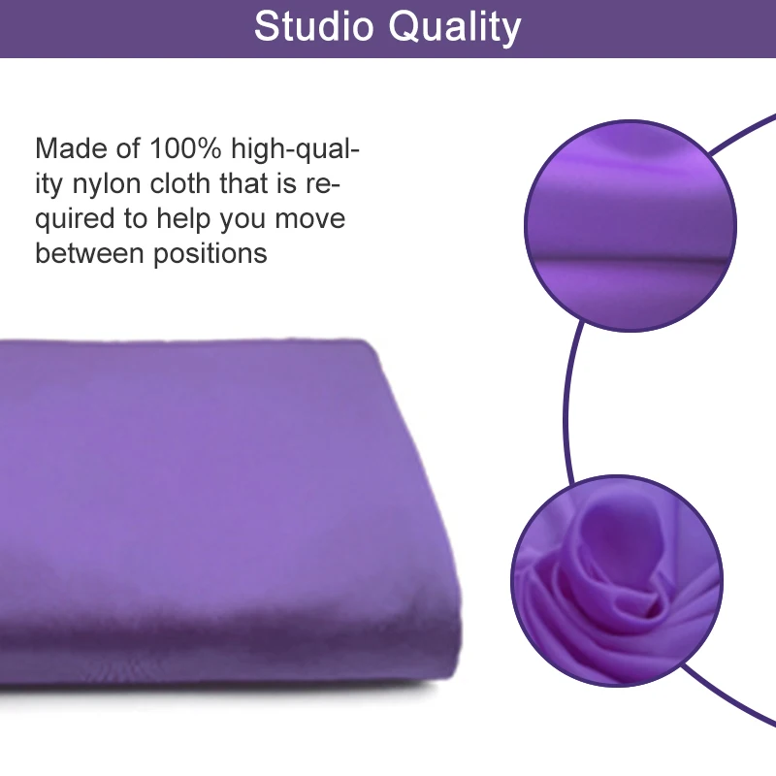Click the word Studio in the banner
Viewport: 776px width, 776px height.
coord(313,26)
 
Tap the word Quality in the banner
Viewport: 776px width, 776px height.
coord(455,28)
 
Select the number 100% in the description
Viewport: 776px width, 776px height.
coord(185,148)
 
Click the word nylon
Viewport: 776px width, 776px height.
coord(107,185)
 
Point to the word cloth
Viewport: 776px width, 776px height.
coord(180,183)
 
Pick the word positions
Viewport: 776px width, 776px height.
coord(210,255)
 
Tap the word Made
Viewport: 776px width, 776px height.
coord(71,148)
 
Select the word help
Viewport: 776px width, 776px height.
coord(183,220)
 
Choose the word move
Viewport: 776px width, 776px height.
coord(309,219)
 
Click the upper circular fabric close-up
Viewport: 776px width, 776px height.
coord(630,225)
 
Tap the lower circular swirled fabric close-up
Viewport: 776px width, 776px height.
coord(617,580)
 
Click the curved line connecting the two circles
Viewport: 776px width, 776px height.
coord(566,404)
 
